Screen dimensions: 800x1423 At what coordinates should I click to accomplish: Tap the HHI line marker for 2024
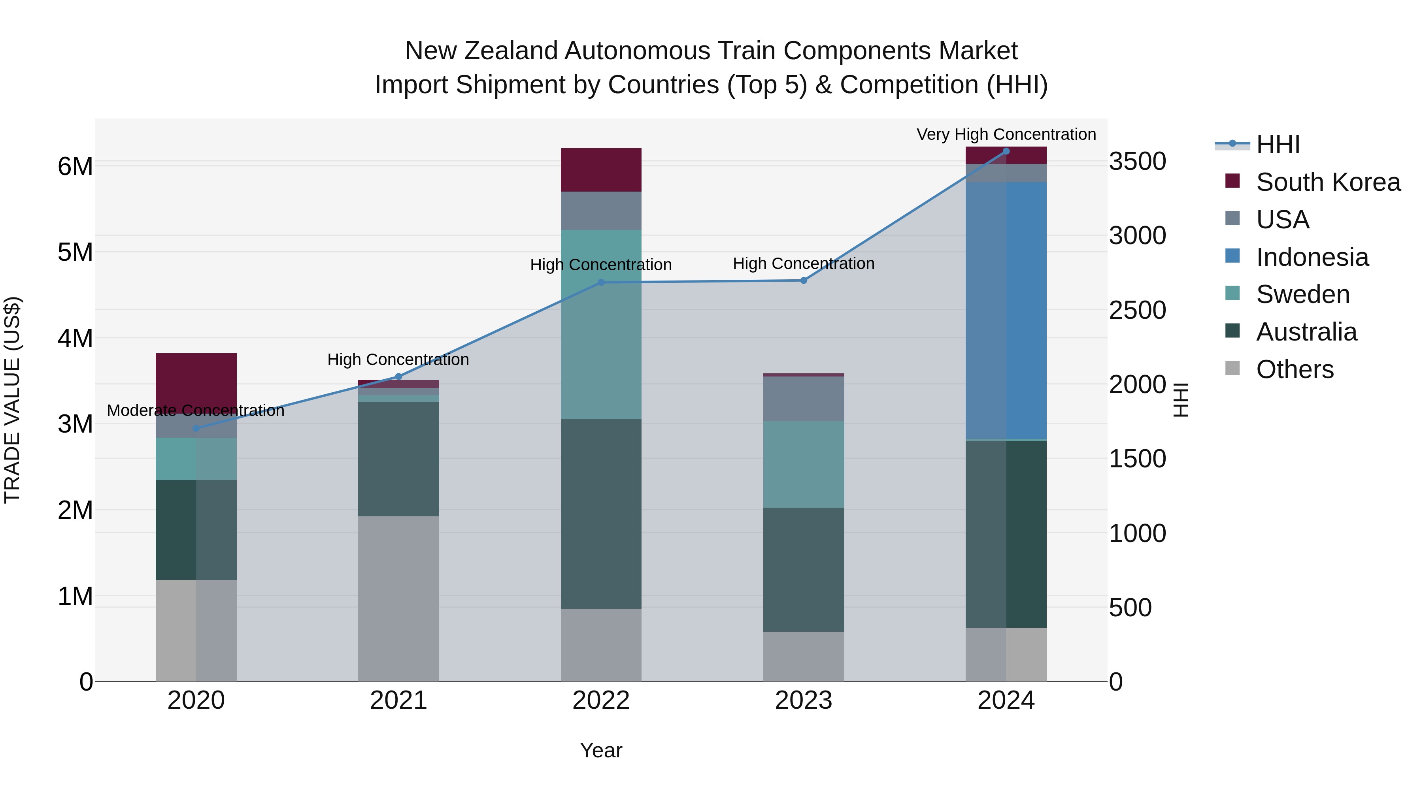1006,151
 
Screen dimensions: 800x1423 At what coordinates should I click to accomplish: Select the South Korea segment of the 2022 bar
601,169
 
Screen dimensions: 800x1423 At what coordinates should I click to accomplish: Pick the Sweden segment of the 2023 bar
804,464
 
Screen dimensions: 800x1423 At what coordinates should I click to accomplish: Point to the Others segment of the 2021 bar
398,599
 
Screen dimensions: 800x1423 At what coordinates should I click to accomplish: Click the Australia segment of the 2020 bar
196,530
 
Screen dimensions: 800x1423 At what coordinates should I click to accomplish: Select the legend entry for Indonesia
1312,257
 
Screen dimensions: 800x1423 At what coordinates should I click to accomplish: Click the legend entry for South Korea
1328,182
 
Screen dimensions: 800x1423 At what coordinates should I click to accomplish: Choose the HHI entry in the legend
1278,145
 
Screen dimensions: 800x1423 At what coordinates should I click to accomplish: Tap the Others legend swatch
1232,368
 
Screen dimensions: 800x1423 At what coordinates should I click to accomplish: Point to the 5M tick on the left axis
75,252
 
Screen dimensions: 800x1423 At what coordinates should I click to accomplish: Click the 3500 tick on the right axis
1137,162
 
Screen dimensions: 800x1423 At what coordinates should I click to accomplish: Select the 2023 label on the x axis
804,700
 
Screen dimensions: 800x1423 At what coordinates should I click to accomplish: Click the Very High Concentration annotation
1006,134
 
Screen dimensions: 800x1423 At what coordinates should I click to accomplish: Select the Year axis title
601,750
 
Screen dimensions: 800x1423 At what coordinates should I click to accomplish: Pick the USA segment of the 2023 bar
804,399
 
